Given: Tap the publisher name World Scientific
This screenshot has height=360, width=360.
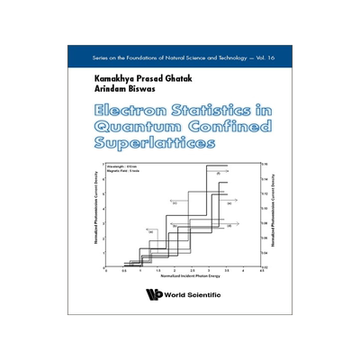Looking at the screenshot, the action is click(x=193, y=294).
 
